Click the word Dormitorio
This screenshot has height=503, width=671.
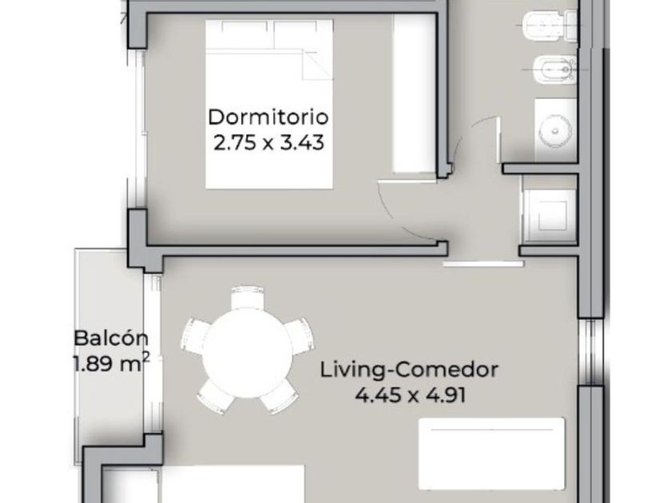[x=268, y=117]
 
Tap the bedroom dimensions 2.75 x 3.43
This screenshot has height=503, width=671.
[x=268, y=143]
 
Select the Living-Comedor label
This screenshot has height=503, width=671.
[x=409, y=370]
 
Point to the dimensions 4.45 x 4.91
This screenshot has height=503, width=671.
[x=411, y=395]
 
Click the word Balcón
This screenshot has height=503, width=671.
[x=111, y=339]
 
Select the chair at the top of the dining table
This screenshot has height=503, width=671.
[x=248, y=298]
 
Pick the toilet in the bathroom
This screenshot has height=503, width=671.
[x=550, y=26]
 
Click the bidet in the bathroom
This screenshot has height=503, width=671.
[x=555, y=69]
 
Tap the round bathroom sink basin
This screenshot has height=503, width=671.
[x=555, y=130]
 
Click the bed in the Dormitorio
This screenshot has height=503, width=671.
[x=269, y=104]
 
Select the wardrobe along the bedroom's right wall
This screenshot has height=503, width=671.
[x=415, y=93]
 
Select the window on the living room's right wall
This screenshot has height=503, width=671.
[x=591, y=352]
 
